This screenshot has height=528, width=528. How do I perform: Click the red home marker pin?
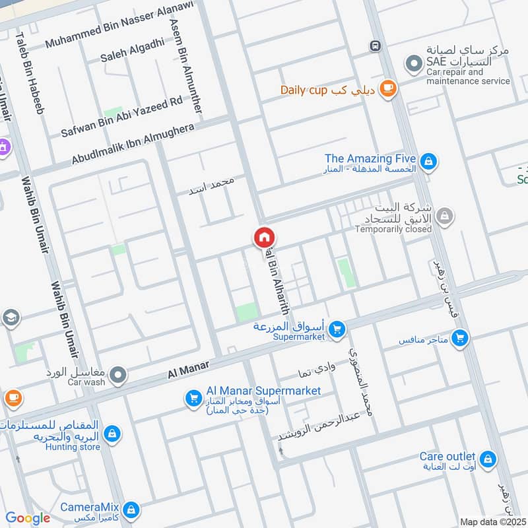click(264, 237)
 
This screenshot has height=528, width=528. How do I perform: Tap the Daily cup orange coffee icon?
click(388, 89)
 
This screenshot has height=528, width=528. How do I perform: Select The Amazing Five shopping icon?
click(428, 160)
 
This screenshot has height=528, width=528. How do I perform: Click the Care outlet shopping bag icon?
click(488, 459)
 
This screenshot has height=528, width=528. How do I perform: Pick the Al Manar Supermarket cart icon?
click(193, 398)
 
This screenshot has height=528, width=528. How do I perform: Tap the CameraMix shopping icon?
click(131, 510)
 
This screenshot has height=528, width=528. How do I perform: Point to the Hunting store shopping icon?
click(113, 434)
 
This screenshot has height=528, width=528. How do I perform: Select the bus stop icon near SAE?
click(375, 46)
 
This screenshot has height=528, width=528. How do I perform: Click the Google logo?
click(28, 518)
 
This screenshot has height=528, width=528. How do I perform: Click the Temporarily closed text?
click(393, 229)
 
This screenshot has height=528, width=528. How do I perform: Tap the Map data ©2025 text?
click(492, 521)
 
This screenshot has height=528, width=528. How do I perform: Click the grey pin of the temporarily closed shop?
click(445, 216)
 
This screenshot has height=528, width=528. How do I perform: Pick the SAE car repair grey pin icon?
click(414, 64)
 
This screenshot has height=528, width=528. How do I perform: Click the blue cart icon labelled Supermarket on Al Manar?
click(337, 328)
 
